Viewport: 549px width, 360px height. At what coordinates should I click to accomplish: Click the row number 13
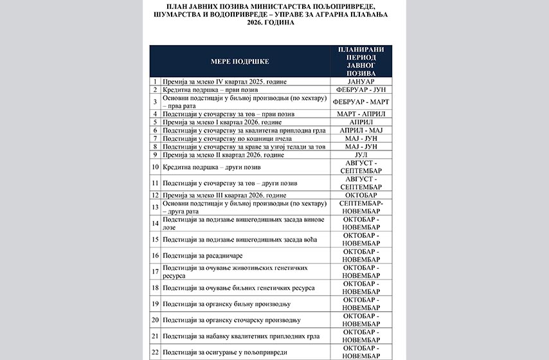coord(155,207)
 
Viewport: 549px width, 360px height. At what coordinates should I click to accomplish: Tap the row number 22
coord(155,352)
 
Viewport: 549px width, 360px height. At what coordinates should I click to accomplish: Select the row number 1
coord(155,82)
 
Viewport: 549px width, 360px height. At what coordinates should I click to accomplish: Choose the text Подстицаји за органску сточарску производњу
coord(232,319)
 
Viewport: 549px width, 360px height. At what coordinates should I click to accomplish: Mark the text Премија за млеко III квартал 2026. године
coord(226,195)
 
